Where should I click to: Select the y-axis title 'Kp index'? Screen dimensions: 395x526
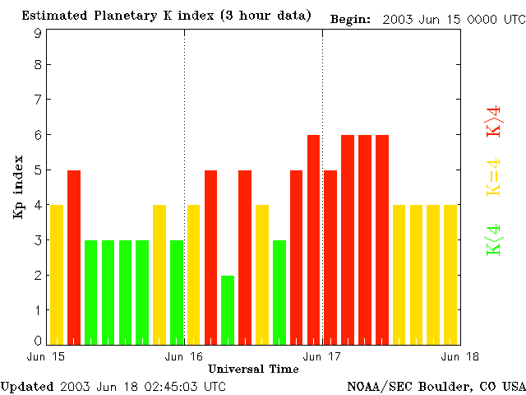18,186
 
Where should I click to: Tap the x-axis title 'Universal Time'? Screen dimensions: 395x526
253,369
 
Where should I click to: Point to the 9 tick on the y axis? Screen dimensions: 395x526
38,33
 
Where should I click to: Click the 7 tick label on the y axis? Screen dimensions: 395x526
38,100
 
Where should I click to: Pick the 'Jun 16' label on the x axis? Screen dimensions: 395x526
184,357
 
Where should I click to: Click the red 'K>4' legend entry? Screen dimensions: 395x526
494,121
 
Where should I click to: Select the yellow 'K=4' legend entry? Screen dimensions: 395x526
494,177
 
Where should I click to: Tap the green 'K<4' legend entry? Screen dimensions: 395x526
494,241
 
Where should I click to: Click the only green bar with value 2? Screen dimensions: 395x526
228,309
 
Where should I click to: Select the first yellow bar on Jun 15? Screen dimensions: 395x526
57,274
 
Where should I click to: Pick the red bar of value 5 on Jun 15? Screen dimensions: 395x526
74,257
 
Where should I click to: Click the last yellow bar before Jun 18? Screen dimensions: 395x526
450,274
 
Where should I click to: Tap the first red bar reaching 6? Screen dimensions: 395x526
313,239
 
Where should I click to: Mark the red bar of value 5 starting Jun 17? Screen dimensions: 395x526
330,257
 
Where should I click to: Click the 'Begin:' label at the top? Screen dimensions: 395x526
350,17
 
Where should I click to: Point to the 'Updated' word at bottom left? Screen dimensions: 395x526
27,386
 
